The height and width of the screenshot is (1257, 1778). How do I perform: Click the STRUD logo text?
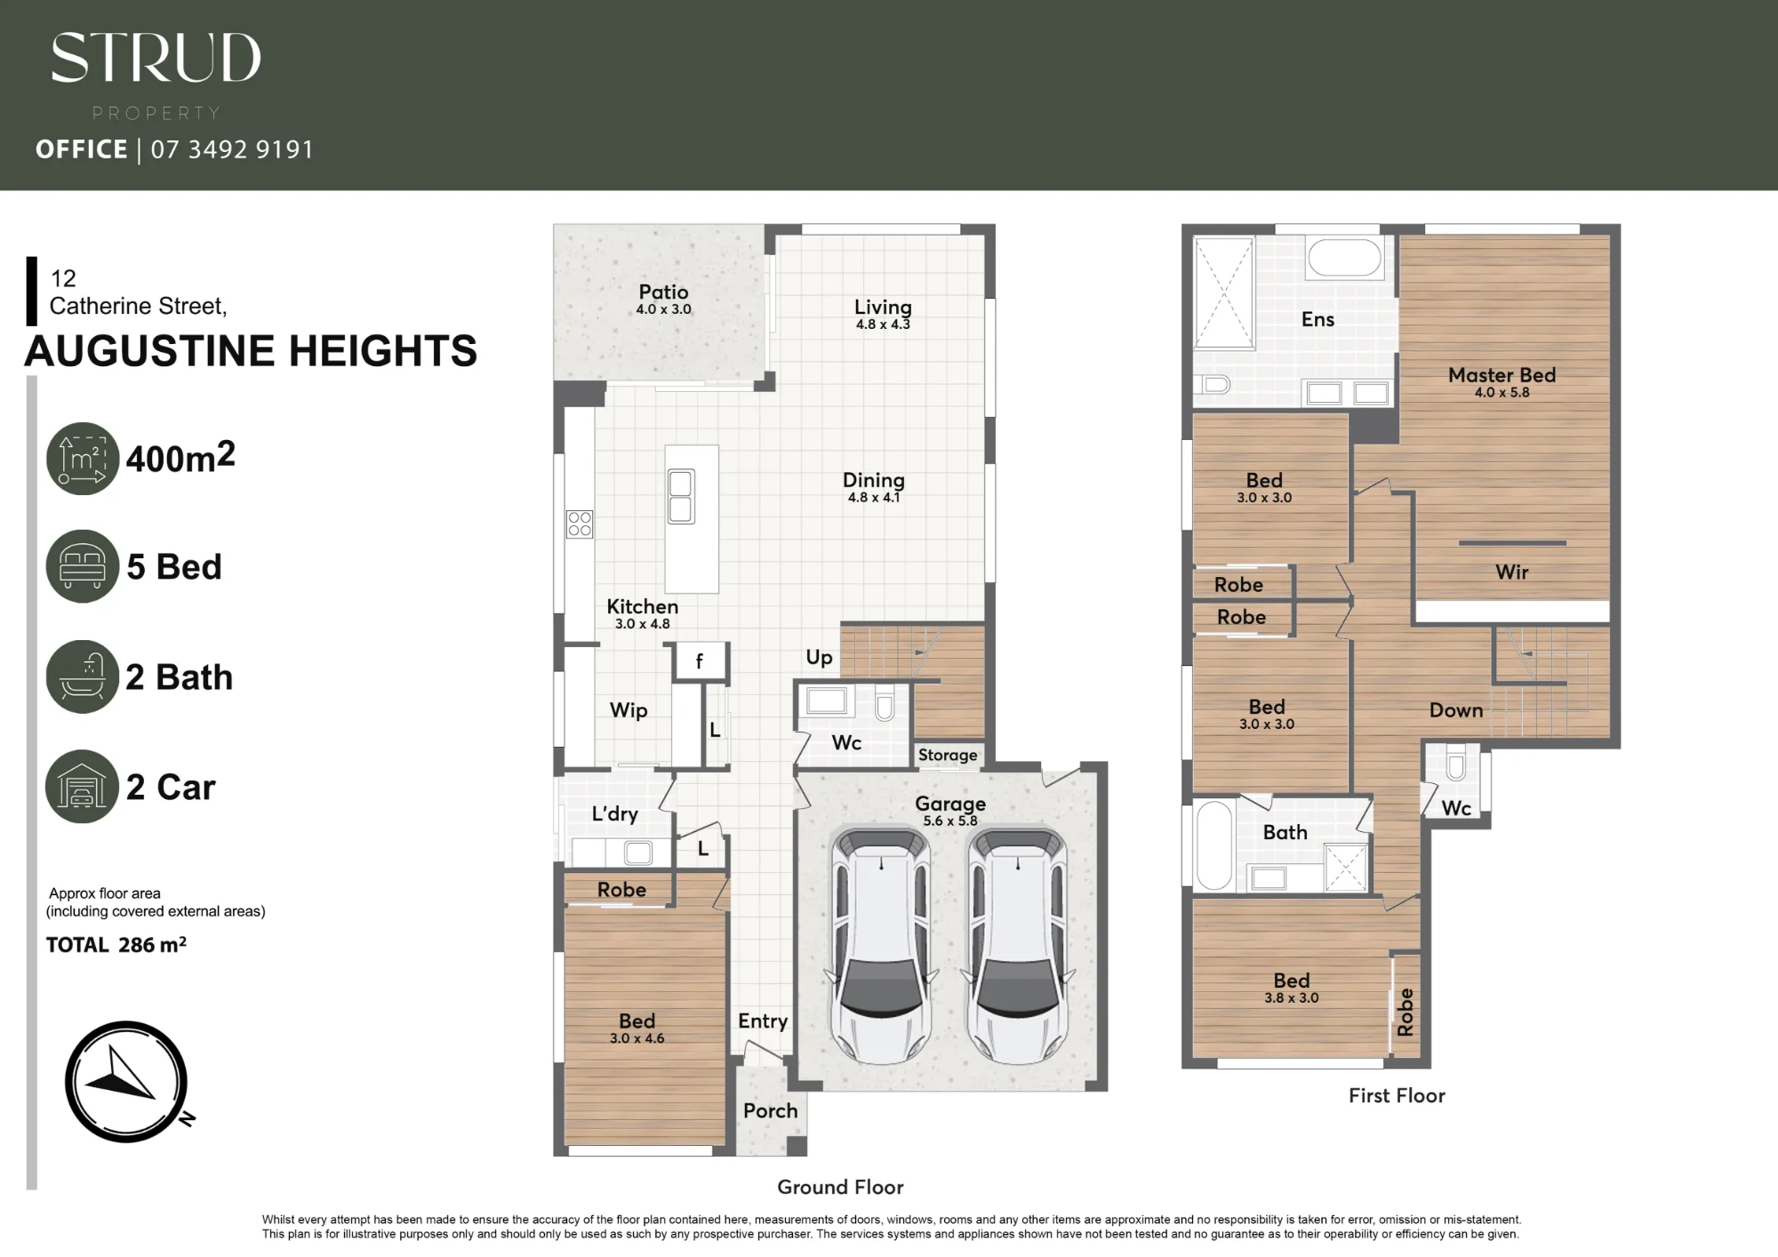coord(156,59)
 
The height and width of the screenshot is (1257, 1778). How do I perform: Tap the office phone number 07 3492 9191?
coord(232,149)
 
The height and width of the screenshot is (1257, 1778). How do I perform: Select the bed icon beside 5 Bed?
coord(82,566)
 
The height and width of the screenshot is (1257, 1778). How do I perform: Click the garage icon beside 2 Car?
coord(82,787)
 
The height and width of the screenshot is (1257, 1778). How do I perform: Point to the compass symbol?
coord(127,1081)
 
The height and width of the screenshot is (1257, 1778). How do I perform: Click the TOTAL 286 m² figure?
coord(116,945)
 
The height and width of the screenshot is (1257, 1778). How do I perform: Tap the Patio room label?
coord(663,292)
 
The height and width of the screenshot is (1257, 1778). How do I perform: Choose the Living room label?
coord(883,308)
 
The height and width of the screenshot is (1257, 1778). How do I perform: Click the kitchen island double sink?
coord(681,497)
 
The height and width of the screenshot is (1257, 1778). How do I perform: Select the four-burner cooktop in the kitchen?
coord(580,524)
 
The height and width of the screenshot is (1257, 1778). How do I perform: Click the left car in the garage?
coord(882,946)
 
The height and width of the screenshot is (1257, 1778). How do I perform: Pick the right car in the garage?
coord(1016,946)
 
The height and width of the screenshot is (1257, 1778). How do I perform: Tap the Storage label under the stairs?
coord(948,756)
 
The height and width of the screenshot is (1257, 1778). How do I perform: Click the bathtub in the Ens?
coord(1344,258)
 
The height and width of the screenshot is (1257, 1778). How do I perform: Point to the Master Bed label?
coord(1502,375)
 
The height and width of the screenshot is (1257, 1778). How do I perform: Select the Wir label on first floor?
coord(1511,572)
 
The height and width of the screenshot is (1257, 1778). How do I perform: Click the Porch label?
coord(770,1111)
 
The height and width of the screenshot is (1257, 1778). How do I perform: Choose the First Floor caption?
coord(1397,1096)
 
